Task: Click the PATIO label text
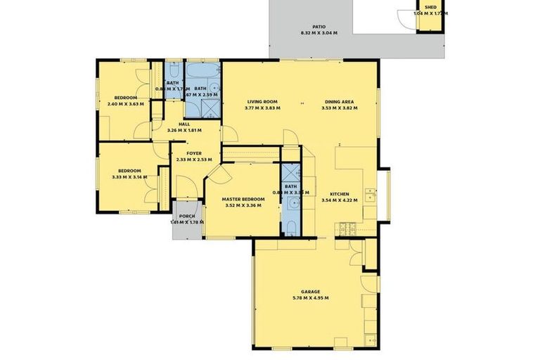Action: point(319,26)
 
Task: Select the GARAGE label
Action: point(311,291)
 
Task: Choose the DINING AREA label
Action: point(340,101)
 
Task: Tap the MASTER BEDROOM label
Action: point(243,199)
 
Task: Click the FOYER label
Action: point(194,153)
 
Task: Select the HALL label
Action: point(184,124)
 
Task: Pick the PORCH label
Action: point(187,216)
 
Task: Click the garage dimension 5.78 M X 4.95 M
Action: point(311,298)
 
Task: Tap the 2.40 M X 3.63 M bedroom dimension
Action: point(126,104)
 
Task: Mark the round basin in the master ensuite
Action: point(290,204)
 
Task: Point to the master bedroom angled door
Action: point(214,172)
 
